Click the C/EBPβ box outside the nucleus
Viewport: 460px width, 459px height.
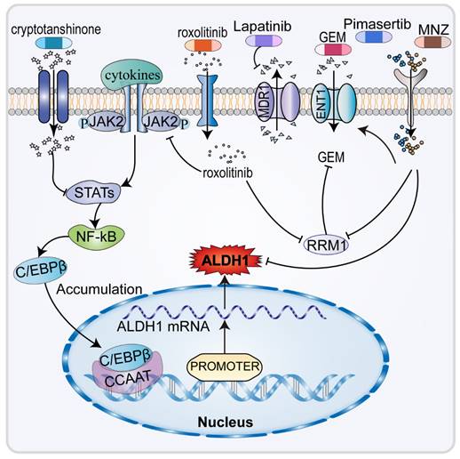pyautogui.click(x=58, y=268)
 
